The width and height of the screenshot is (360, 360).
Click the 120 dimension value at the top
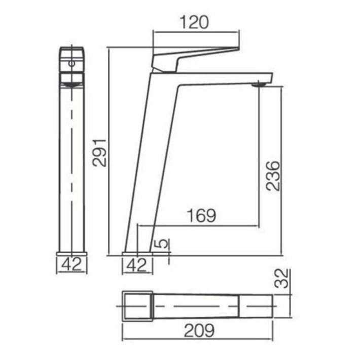[194, 22]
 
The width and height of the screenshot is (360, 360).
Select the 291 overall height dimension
[99, 152]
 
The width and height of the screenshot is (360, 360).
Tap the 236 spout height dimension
[273, 176]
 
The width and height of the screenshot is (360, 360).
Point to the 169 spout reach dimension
[202, 215]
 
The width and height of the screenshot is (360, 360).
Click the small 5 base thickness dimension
[163, 243]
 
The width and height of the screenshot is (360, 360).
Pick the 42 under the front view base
[136, 265]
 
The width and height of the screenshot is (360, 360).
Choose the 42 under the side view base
[71, 264]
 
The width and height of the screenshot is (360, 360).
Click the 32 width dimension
[281, 278]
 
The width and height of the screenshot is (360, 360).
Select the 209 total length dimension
[199, 331]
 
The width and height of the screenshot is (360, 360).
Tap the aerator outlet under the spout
[259, 85]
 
